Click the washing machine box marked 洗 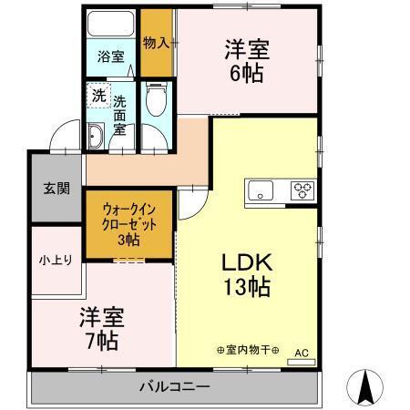click(x=97, y=95)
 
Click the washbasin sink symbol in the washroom click(x=97, y=138)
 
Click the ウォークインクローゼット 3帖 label click(x=128, y=222)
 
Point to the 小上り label click(x=50, y=260)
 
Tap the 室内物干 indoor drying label click(x=247, y=350)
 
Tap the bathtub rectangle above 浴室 click(x=110, y=24)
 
